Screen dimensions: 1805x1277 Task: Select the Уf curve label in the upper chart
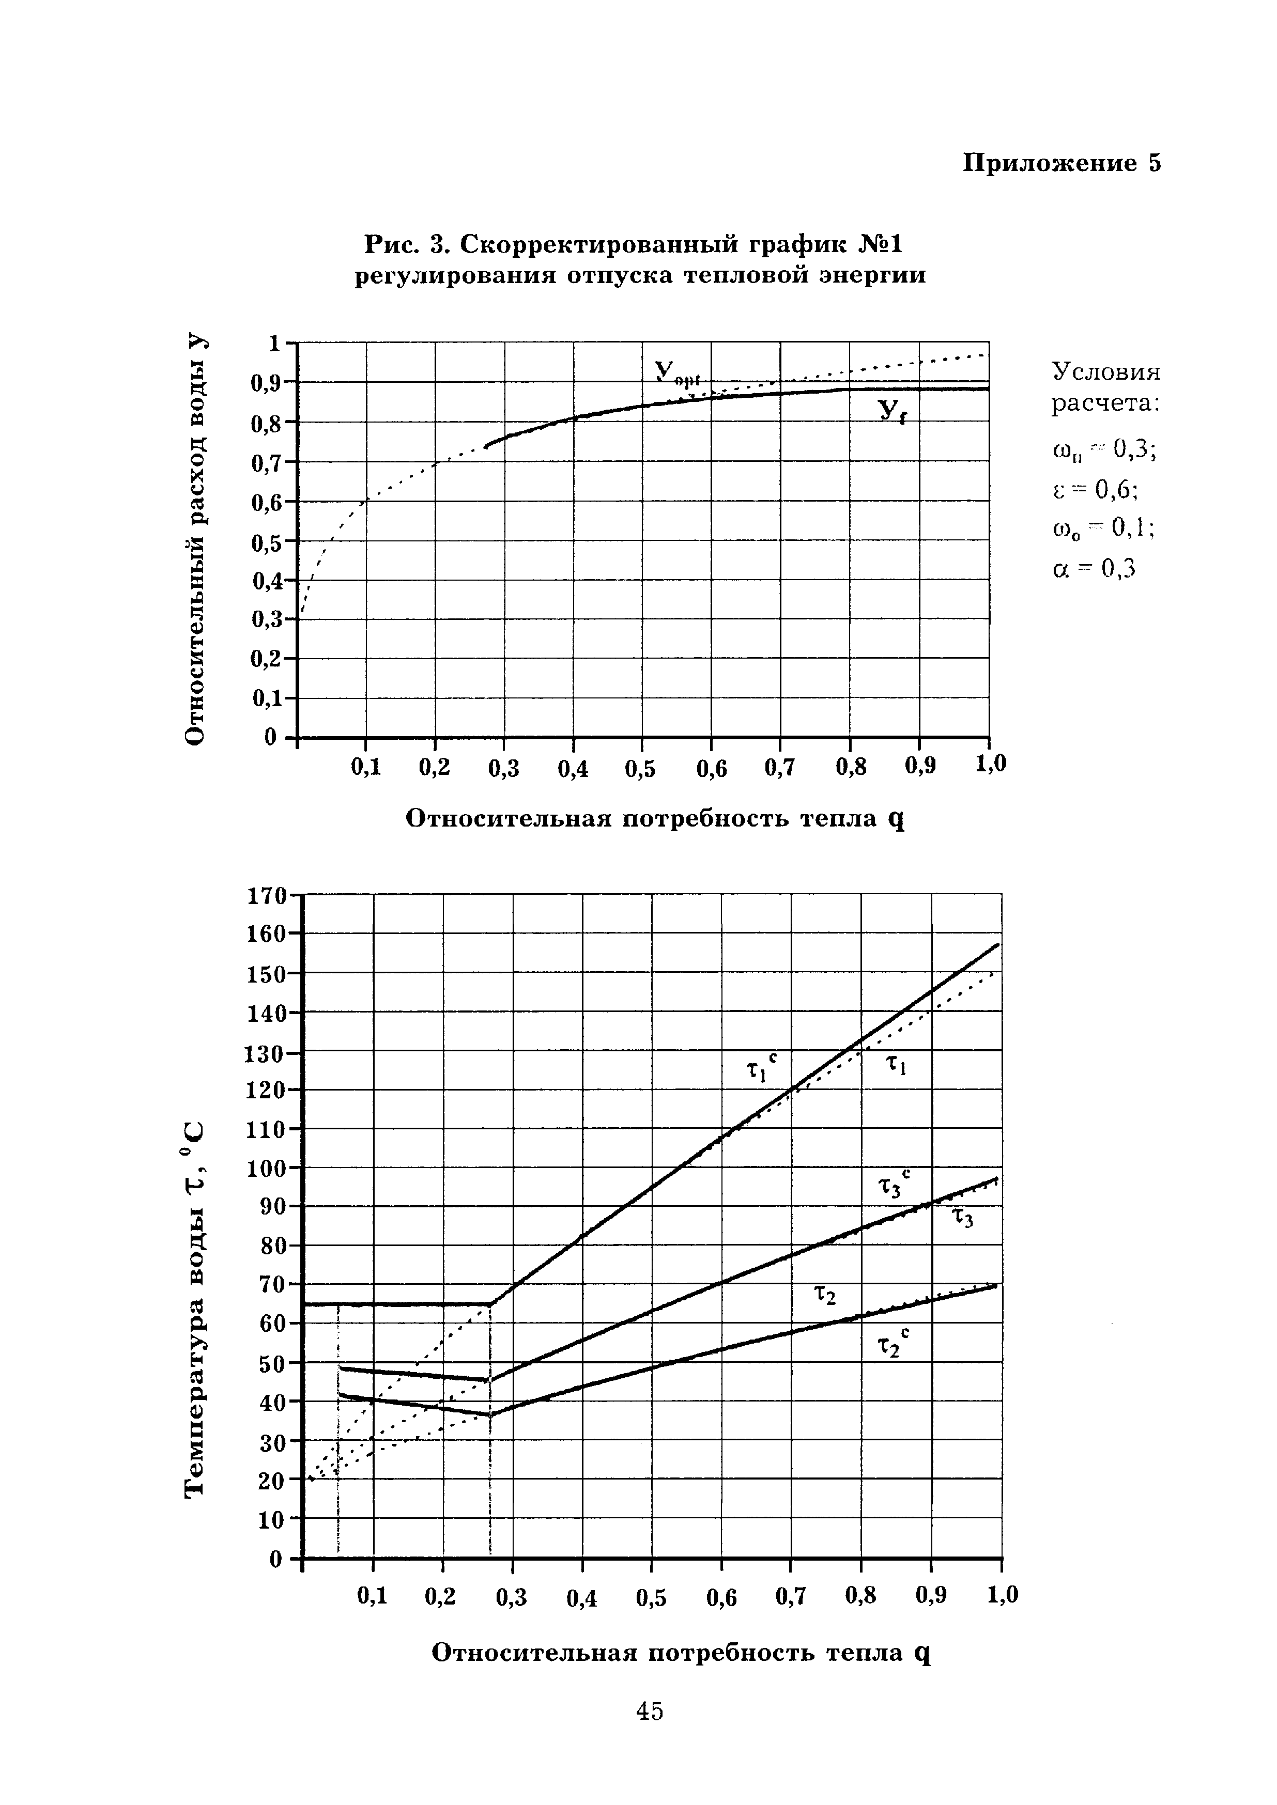pos(891,410)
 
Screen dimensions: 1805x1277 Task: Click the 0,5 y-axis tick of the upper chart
pos(266,542)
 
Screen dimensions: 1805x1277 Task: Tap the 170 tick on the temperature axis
pos(265,896)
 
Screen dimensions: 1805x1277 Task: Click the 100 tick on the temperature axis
pos(265,1168)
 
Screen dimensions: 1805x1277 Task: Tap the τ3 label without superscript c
pos(963,1219)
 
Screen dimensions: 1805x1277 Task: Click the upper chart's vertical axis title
pos(194,538)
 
